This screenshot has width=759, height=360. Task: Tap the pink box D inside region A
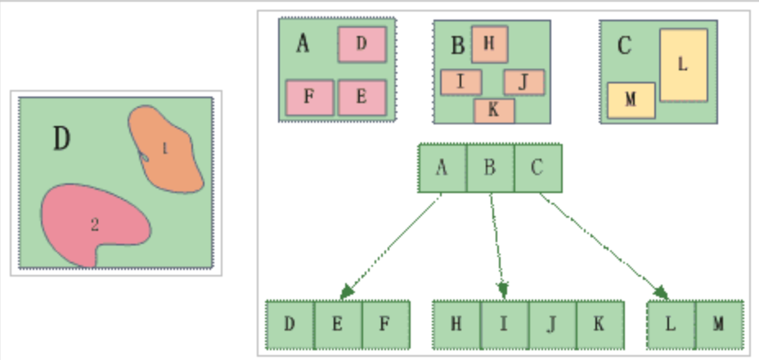click(x=362, y=44)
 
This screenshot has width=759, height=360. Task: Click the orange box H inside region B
click(x=489, y=43)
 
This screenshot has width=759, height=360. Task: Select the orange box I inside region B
click(x=460, y=82)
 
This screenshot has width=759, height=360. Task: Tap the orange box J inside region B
click(x=524, y=82)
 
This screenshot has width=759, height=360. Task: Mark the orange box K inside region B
click(x=493, y=110)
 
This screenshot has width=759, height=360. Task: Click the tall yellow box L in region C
click(x=683, y=65)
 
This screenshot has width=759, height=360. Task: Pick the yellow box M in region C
click(x=630, y=100)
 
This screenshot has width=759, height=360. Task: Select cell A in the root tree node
click(x=442, y=169)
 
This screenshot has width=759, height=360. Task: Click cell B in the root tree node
click(x=490, y=169)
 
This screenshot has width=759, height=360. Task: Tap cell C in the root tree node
click(x=537, y=169)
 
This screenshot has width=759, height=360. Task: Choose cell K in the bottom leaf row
click(x=600, y=323)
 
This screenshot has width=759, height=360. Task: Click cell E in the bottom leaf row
click(x=338, y=323)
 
